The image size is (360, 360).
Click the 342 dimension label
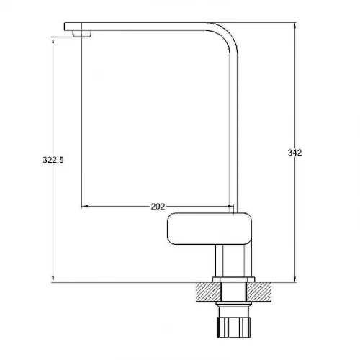click(294, 153)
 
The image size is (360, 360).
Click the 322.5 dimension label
click(53, 160)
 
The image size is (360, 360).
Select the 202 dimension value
click(158, 207)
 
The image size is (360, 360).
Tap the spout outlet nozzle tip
click(82, 34)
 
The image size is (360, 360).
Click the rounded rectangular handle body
click(210, 228)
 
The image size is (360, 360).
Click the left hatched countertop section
click(208, 292)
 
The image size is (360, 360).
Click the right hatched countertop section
click(259, 292)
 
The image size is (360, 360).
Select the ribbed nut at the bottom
click(234, 327)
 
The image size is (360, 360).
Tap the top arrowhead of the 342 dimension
click(295, 25)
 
